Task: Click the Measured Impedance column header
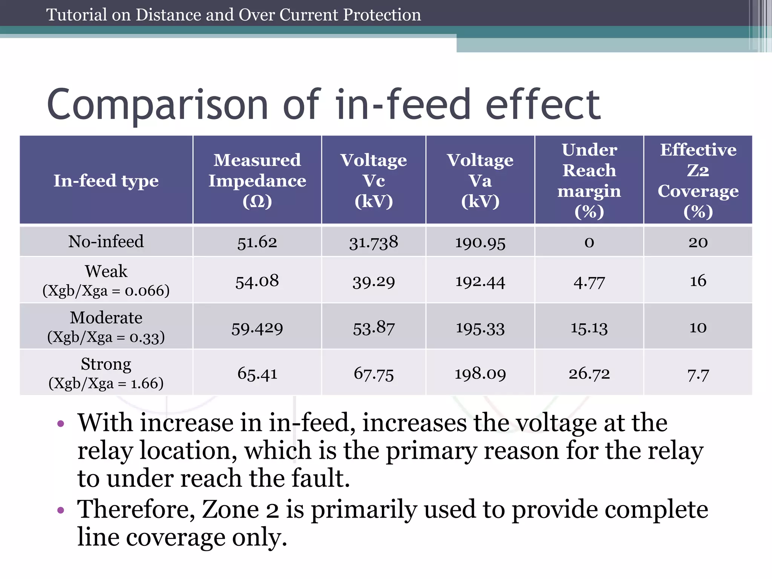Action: (257, 180)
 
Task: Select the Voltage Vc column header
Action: (374, 180)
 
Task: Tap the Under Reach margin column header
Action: (589, 180)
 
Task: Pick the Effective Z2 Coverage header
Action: (698, 180)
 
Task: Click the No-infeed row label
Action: (106, 241)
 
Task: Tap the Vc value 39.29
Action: (374, 282)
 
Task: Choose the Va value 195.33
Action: (480, 328)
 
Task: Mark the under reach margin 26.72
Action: (589, 374)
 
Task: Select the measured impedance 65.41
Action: (257, 374)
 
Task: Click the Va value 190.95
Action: (480, 242)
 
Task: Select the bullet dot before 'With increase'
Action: (61, 424)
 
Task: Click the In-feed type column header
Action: (106, 180)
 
